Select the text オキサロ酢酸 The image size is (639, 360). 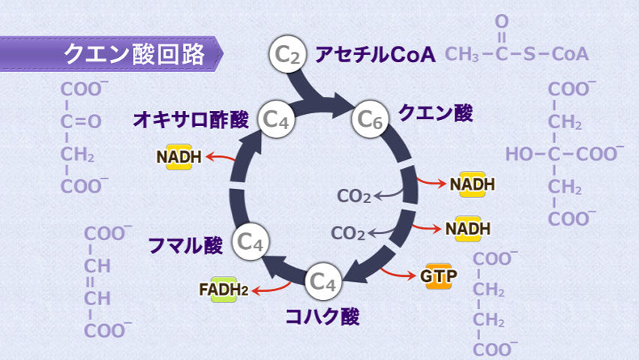(x=191, y=119)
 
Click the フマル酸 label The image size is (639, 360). (x=185, y=244)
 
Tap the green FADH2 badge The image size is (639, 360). (x=223, y=289)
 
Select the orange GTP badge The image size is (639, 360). (x=438, y=275)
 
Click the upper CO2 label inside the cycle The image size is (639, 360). (x=354, y=196)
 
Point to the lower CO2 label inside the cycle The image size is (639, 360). (x=348, y=232)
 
